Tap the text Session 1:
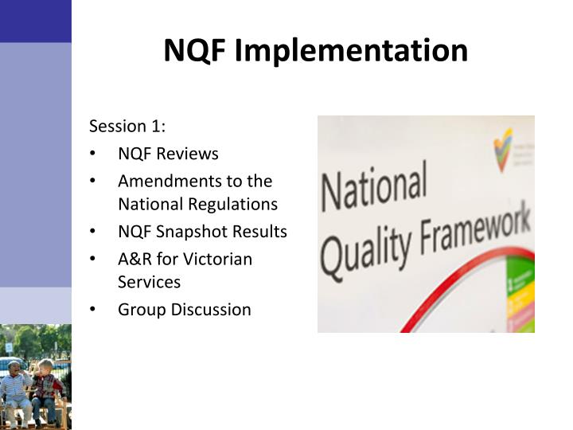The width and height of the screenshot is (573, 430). click(x=127, y=127)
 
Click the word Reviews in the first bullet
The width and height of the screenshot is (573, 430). click(x=188, y=154)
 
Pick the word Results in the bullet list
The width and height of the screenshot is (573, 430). click(x=260, y=232)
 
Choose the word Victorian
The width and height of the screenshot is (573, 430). click(x=219, y=259)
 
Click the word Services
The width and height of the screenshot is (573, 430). click(x=149, y=282)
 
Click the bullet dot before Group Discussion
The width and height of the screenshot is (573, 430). click(x=93, y=310)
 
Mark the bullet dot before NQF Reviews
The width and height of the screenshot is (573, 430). click(x=93, y=154)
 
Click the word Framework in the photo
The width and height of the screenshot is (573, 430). click(x=470, y=231)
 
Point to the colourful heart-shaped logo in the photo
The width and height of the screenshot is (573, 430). click(x=502, y=148)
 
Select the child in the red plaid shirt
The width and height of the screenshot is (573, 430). click(x=48, y=388)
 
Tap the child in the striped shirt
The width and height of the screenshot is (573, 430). click(x=16, y=390)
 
